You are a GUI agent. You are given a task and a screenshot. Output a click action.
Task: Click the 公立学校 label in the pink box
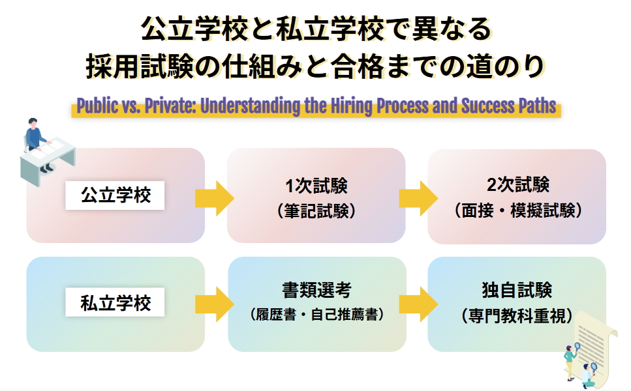click(x=115, y=195)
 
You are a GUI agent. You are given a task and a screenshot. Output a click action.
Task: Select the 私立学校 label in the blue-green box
click(x=115, y=303)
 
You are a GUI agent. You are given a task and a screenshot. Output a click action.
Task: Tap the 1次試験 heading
click(x=316, y=186)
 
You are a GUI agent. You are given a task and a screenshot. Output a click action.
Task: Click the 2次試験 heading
click(x=517, y=185)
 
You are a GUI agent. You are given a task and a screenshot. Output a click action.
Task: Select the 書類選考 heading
click(x=316, y=289)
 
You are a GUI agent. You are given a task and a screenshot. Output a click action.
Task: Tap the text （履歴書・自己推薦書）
click(x=316, y=315)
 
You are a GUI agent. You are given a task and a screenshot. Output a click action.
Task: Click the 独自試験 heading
click(x=517, y=289)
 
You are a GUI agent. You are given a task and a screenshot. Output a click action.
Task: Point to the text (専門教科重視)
click(x=517, y=315)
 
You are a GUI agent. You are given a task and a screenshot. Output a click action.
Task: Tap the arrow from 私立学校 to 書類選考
click(x=215, y=304)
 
